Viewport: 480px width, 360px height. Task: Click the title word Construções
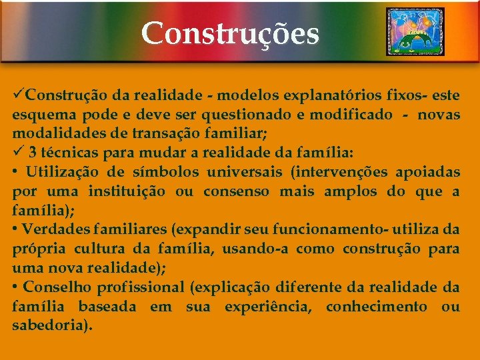pos(230,33)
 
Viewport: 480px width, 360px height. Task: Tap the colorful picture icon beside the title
pos(415,32)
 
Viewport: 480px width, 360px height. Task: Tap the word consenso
pos(237,192)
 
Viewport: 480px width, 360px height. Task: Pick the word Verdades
pos(56,230)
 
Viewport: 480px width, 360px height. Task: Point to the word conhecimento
pos(376,307)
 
